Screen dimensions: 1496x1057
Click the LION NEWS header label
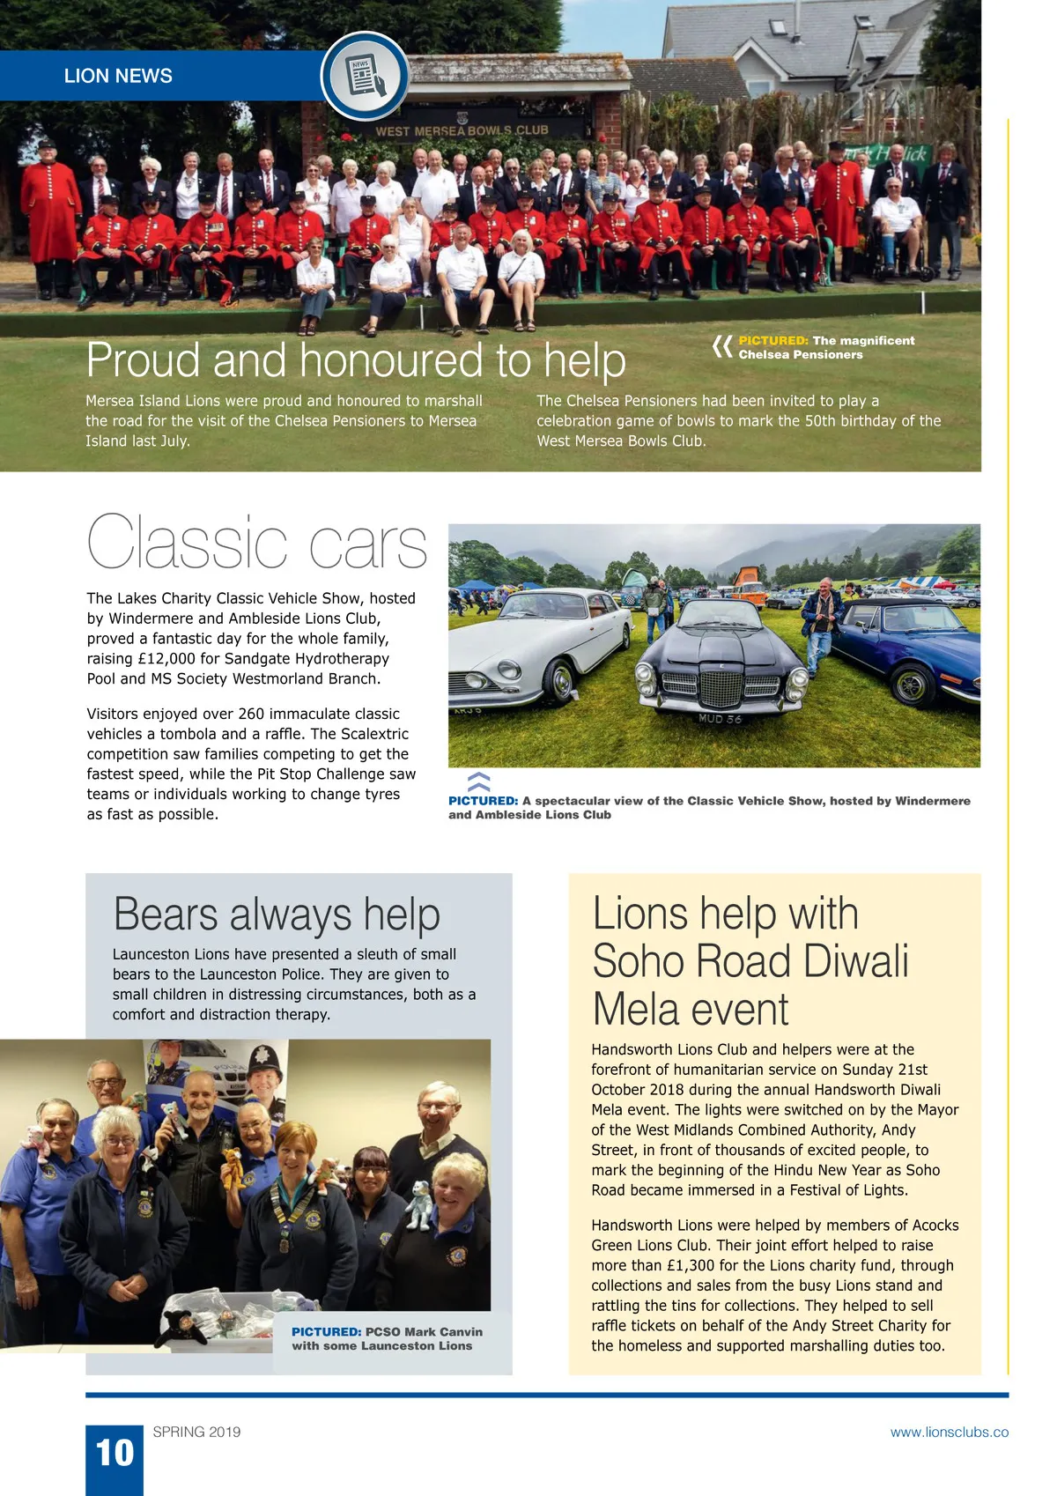(118, 76)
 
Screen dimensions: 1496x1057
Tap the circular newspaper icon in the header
(365, 76)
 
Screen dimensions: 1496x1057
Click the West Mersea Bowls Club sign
(462, 130)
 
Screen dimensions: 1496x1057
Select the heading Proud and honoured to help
(356, 360)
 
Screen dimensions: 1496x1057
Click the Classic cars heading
(256, 543)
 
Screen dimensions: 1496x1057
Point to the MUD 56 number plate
(720, 719)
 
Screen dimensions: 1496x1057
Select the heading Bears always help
(277, 914)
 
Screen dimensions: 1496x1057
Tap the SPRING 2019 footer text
(196, 1432)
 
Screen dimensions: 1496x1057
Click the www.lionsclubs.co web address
(949, 1432)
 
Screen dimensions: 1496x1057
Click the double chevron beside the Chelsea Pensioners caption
(722, 347)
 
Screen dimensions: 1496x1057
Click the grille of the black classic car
(720, 686)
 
